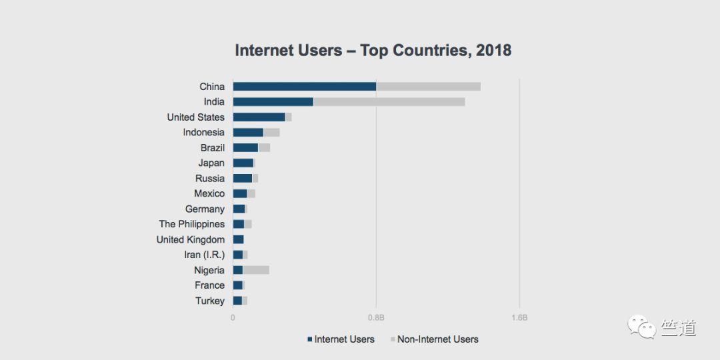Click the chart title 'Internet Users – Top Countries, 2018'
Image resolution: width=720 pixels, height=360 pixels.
coord(373,51)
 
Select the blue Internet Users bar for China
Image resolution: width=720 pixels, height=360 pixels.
coord(304,87)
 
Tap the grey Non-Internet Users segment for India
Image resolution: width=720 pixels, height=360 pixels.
coord(389,102)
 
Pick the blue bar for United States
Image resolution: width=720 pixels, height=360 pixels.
coord(259,117)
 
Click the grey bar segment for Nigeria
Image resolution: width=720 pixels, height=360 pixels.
coord(256,270)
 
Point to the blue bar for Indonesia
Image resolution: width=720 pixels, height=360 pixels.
coord(248,133)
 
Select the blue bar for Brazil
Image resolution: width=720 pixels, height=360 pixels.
coord(245,148)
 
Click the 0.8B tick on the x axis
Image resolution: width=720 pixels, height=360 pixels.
coord(376,317)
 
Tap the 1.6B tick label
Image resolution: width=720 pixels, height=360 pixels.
coord(519,317)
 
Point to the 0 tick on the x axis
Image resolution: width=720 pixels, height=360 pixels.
coord(233,317)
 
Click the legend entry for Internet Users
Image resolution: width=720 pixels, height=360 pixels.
coord(341,339)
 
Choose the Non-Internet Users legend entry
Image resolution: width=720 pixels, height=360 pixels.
coord(434,339)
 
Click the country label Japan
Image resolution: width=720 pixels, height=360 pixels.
coord(211,163)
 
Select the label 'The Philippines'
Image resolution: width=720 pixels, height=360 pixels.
coord(192,224)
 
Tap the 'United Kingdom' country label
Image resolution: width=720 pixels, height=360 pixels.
coord(191,239)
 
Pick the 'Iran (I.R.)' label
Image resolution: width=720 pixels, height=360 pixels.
coord(204,255)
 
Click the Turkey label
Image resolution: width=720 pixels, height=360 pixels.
coord(210,301)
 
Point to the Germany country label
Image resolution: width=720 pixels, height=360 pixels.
coord(205,209)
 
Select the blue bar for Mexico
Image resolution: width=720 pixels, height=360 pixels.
coord(240,193)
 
